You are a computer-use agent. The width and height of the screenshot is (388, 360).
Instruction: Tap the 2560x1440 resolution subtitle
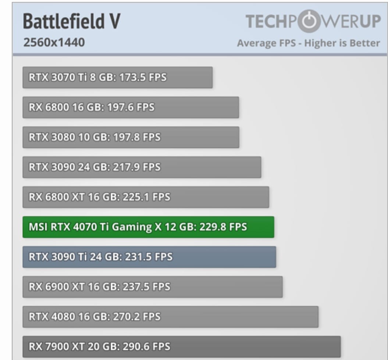tap(54, 43)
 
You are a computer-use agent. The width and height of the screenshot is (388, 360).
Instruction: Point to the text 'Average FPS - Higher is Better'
tap(308, 43)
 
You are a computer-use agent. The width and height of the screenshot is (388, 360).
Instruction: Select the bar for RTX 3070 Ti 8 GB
tap(117, 78)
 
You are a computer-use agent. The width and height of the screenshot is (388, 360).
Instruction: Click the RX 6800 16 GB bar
tap(131, 107)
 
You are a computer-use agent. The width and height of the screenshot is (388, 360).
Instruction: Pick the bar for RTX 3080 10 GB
tap(131, 137)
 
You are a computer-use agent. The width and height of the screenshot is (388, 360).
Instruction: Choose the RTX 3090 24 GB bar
tap(142, 167)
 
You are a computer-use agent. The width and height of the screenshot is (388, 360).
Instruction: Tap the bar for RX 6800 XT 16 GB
tap(146, 197)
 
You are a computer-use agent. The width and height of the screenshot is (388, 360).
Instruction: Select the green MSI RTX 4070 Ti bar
tap(148, 227)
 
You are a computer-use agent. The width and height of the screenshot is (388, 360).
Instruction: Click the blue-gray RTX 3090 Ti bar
tap(149, 257)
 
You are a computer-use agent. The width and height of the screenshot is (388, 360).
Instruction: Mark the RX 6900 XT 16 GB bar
tap(152, 287)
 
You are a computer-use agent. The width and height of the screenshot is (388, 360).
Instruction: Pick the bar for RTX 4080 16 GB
tap(170, 317)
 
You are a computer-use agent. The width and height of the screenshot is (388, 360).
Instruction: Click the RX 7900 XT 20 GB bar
tap(181, 346)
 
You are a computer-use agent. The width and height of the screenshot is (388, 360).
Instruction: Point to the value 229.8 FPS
tap(223, 227)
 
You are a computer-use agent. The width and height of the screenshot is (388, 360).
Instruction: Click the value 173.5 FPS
tap(143, 78)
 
